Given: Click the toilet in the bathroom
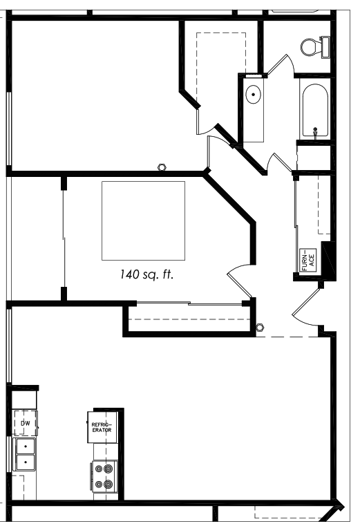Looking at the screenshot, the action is [x=315, y=47].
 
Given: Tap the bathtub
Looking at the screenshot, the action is [x=315, y=111].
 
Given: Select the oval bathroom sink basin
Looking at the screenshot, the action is [x=254, y=94].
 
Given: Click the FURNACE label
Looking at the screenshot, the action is [x=308, y=260].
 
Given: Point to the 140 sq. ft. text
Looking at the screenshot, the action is [x=147, y=274].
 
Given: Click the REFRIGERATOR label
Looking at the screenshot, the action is [x=102, y=427].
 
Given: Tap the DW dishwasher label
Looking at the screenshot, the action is [x=25, y=423].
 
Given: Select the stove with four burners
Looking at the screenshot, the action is [x=104, y=476].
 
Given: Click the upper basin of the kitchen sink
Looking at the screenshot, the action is [x=26, y=446].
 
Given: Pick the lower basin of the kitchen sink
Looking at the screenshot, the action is [x=26, y=462].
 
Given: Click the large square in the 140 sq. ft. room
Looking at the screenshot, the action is [x=143, y=220].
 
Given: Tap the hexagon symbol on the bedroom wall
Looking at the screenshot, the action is [x=162, y=167].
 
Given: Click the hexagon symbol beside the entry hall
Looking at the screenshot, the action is [x=260, y=327].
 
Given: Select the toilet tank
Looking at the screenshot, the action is [x=325, y=47].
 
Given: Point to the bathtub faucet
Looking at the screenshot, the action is [x=315, y=132].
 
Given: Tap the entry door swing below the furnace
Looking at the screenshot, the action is [x=306, y=307].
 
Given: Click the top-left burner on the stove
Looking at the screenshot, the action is [x=99, y=469].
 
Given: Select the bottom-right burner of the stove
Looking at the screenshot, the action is [x=108, y=484].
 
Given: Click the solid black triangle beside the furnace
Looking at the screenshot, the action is [x=328, y=259].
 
